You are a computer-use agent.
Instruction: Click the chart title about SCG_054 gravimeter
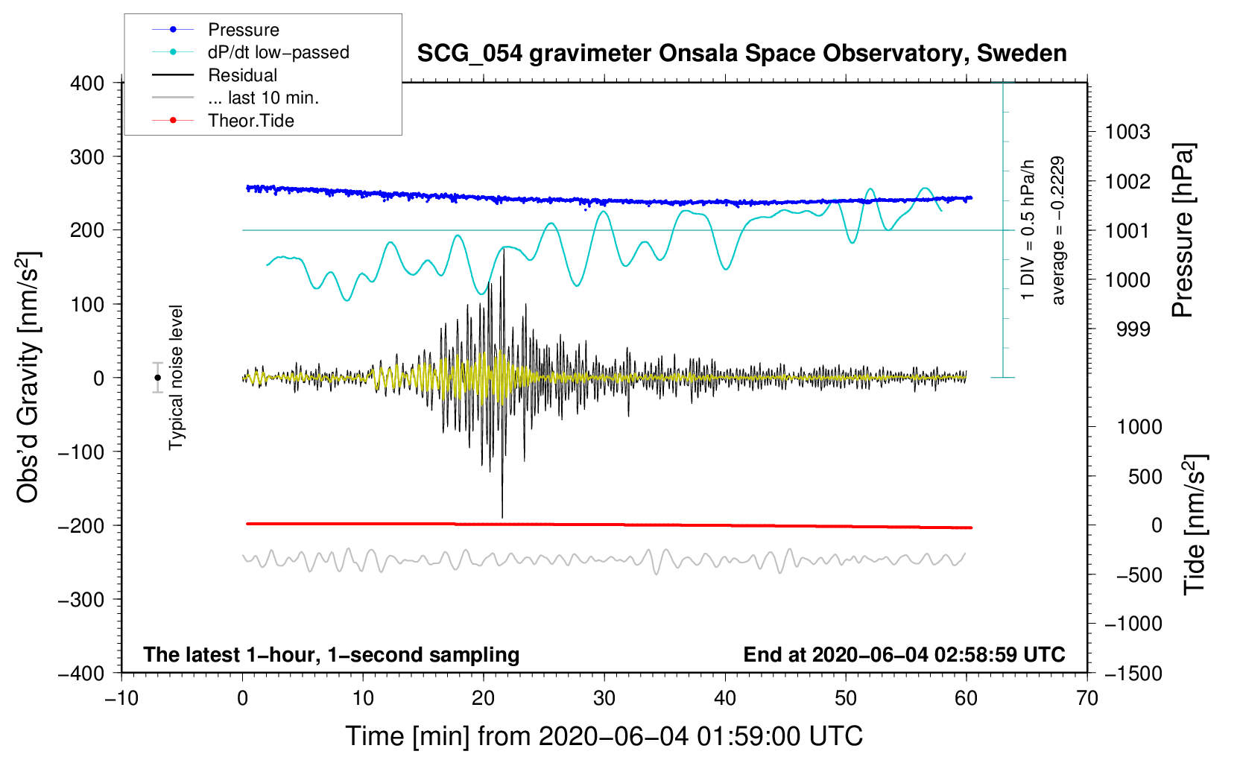pyautogui.click(x=741, y=54)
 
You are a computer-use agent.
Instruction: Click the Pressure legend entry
pyautogui.click(x=243, y=30)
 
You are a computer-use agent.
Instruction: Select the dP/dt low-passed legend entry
pyautogui.click(x=278, y=52)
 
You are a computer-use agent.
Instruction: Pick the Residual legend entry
pyautogui.click(x=242, y=75)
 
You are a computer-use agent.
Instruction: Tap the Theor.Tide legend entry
pyautogui.click(x=250, y=121)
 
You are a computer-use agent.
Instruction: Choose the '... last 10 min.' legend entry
pyautogui.click(x=263, y=98)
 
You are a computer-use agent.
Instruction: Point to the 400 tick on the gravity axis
pyautogui.click(x=87, y=83)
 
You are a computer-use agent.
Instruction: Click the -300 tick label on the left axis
pyautogui.click(x=81, y=600)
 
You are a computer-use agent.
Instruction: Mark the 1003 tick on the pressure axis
pyautogui.click(x=1127, y=133)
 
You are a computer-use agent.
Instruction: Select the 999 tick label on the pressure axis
pyautogui.click(x=1133, y=329)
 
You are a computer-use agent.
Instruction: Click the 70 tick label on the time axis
pyautogui.click(x=1087, y=698)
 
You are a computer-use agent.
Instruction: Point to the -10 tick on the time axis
pyautogui.click(x=121, y=698)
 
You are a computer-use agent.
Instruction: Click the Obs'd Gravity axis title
pyautogui.click(x=28, y=378)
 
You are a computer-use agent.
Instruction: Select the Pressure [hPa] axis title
pyautogui.click(x=1183, y=230)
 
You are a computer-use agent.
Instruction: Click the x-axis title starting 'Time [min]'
pyautogui.click(x=604, y=736)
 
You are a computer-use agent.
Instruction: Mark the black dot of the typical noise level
pyautogui.click(x=157, y=378)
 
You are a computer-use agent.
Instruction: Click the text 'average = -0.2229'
pyautogui.click(x=1057, y=230)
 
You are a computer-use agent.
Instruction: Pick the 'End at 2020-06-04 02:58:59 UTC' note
pyautogui.click(x=904, y=655)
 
